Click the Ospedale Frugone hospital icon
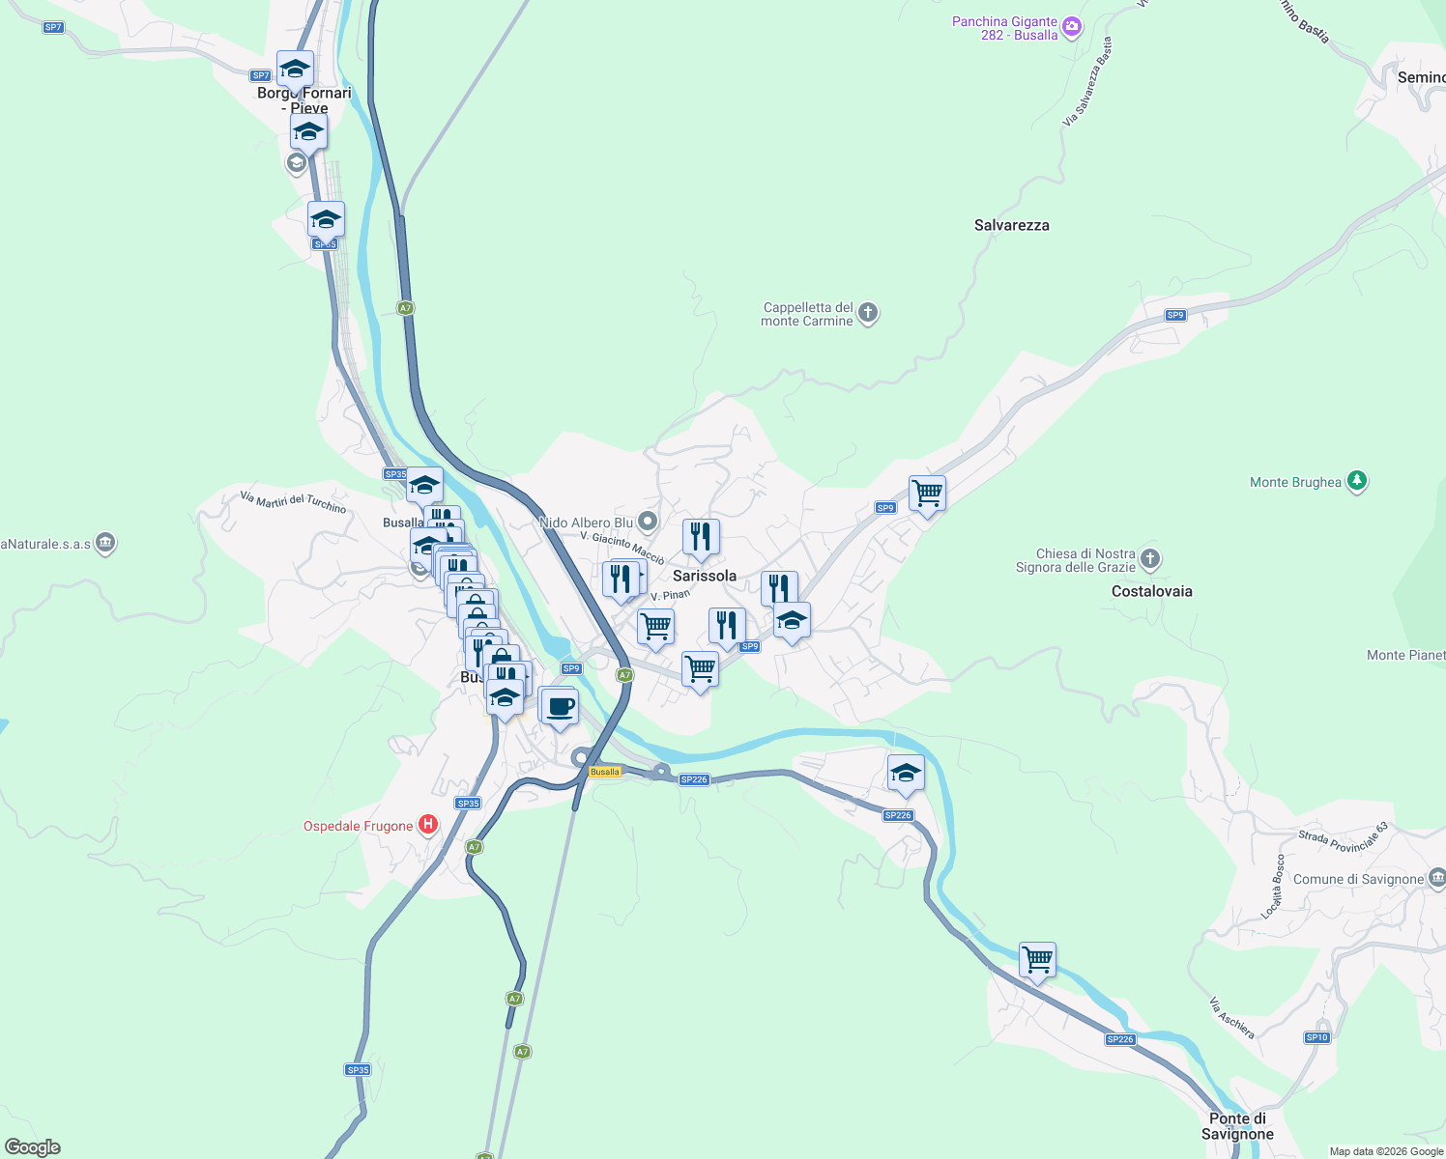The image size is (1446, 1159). [428, 825]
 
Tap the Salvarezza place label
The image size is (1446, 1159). [1011, 225]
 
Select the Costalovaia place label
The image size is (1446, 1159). [1151, 591]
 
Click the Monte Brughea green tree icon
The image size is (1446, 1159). [1357, 480]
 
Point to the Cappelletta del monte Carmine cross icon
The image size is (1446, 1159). [868, 312]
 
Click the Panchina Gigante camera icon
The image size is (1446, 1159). [1071, 27]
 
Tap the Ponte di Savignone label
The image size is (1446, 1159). [1237, 1126]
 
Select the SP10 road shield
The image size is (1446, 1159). [1316, 1037]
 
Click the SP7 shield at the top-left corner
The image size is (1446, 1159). [53, 27]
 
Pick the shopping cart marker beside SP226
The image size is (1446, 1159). [1037, 960]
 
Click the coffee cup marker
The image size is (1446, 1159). [560, 706]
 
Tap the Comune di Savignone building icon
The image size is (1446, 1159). [1437, 878]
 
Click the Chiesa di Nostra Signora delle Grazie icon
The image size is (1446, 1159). [1149, 558]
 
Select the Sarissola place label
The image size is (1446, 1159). [704, 576]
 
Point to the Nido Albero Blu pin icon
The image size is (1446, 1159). [648, 523]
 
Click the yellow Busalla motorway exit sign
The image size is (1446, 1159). [605, 772]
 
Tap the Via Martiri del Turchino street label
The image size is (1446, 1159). [293, 501]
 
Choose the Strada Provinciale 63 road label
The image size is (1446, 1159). [1343, 837]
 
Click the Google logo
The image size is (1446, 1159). [33, 1147]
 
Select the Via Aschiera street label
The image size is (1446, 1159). [1232, 1018]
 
